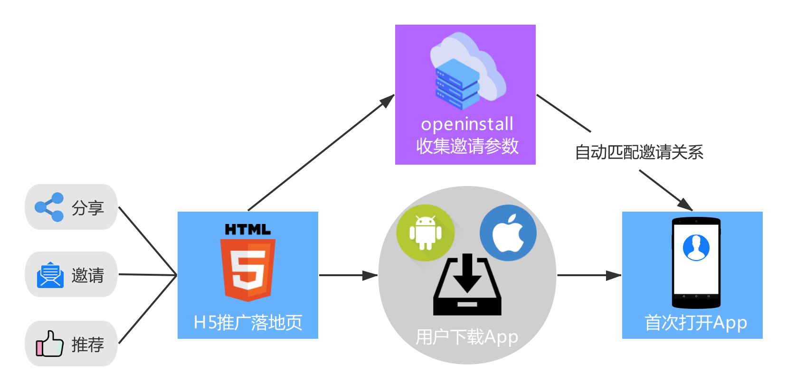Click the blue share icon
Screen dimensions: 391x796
[x=49, y=207]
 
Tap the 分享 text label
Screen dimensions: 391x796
[x=88, y=208]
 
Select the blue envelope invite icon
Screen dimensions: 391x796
[x=50, y=275]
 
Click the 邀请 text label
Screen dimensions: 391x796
[x=88, y=275]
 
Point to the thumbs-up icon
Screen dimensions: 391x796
[x=49, y=344]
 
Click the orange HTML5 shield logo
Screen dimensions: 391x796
[x=248, y=269]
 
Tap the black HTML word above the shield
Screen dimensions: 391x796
[x=248, y=230]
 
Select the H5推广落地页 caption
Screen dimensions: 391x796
[x=248, y=323]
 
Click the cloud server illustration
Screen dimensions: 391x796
[x=467, y=71]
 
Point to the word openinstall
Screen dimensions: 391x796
[x=467, y=124]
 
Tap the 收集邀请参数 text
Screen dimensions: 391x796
[x=467, y=146]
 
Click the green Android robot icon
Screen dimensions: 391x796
[x=426, y=233]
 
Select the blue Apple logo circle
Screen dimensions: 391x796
[x=508, y=233]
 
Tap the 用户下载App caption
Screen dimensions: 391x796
[x=467, y=337]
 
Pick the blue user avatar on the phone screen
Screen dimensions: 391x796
[x=696, y=247]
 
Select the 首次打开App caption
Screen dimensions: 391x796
[x=696, y=323]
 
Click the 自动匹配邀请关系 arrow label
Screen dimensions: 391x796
[x=639, y=152]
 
